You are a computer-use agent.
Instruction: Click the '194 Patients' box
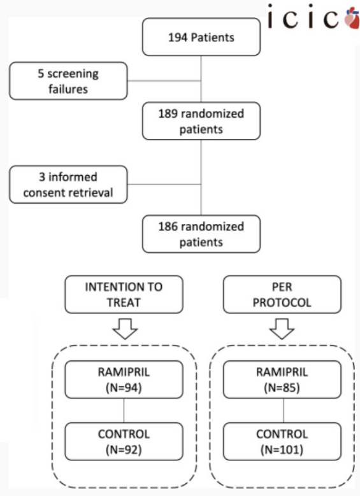(x=201, y=37)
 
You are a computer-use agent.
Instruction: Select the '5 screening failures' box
(x=68, y=81)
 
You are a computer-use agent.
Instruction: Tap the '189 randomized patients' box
(x=201, y=121)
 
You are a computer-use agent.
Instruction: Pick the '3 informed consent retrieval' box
(x=68, y=185)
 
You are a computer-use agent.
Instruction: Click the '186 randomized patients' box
(x=201, y=234)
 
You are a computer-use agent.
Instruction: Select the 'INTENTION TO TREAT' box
(x=124, y=295)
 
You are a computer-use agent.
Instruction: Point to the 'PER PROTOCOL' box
(x=282, y=295)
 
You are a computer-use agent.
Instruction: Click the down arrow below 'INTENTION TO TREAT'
(x=125, y=329)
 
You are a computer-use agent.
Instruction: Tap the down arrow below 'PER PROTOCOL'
(x=282, y=329)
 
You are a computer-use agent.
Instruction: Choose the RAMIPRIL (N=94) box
(x=124, y=379)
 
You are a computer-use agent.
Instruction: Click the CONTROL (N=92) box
(x=124, y=441)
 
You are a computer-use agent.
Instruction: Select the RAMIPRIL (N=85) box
(x=282, y=379)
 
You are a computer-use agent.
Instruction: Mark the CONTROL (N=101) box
(x=282, y=441)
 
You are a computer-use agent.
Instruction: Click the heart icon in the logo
(x=352, y=18)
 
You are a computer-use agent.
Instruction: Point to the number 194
(x=178, y=38)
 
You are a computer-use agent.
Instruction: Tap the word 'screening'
(x=73, y=74)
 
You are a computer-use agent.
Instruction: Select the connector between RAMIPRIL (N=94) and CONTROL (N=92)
(x=124, y=411)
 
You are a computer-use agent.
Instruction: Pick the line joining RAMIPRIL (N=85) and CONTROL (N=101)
(x=284, y=411)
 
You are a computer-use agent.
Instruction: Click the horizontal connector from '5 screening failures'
(x=164, y=81)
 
